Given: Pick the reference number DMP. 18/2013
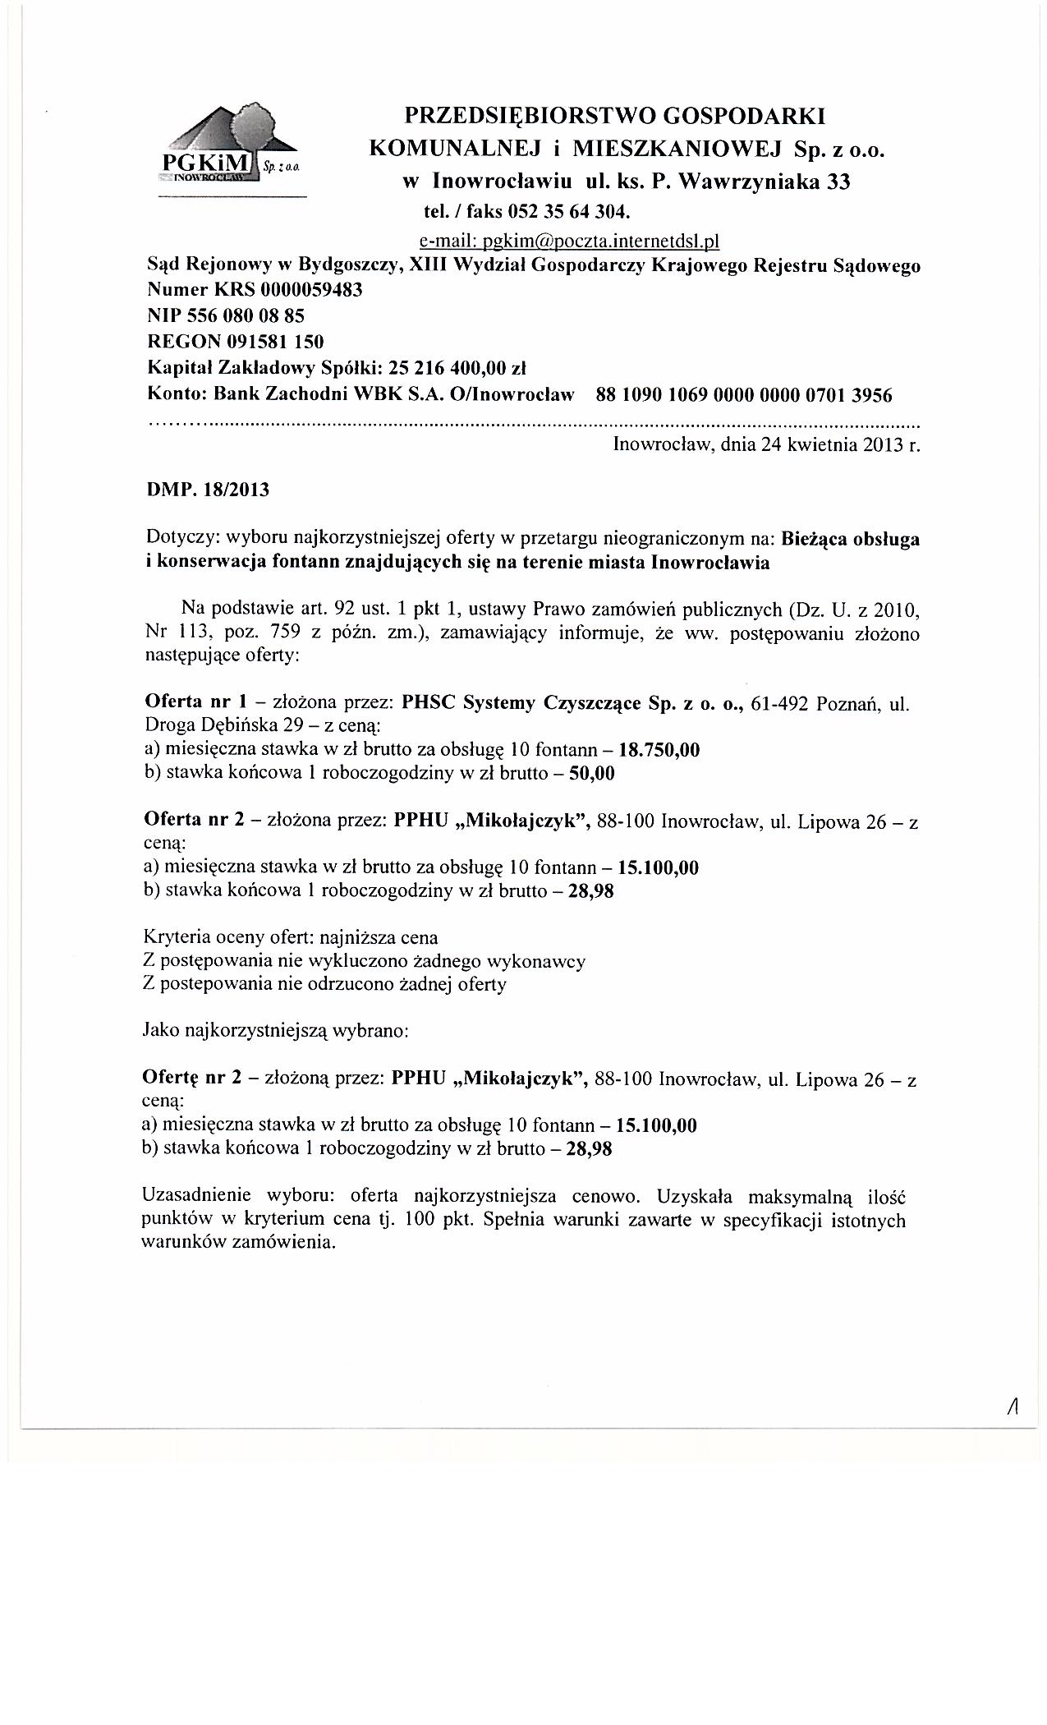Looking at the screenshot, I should coord(207,490).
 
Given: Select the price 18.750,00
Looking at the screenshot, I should coord(659,749).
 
